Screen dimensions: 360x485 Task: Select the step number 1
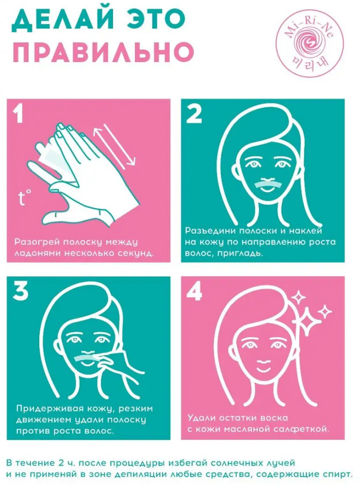point(19,113)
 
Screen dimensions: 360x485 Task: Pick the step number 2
point(194,114)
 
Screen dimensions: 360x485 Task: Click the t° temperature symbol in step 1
point(24,198)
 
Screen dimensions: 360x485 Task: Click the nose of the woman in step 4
point(262,358)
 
